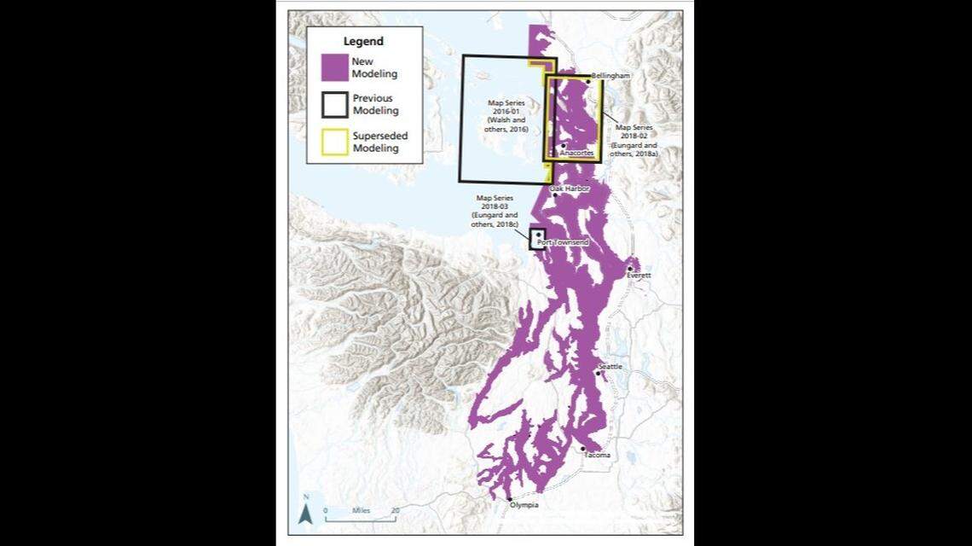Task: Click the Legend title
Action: click(x=363, y=41)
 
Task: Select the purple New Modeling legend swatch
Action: click(x=335, y=67)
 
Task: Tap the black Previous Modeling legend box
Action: click(x=335, y=104)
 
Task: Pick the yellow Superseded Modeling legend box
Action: click(x=335, y=142)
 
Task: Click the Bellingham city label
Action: click(x=610, y=76)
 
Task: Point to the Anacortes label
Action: click(x=576, y=153)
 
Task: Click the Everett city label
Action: click(x=639, y=276)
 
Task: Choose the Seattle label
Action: click(x=610, y=366)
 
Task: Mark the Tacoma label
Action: click(x=597, y=455)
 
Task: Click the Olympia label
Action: click(x=524, y=505)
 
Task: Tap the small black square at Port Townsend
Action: click(x=538, y=238)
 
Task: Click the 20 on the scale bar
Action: click(x=395, y=510)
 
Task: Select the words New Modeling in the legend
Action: click(x=374, y=67)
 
